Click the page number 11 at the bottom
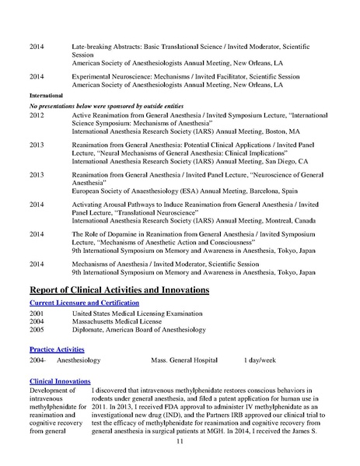[x=180, y=441]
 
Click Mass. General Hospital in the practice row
[x=183, y=362]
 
